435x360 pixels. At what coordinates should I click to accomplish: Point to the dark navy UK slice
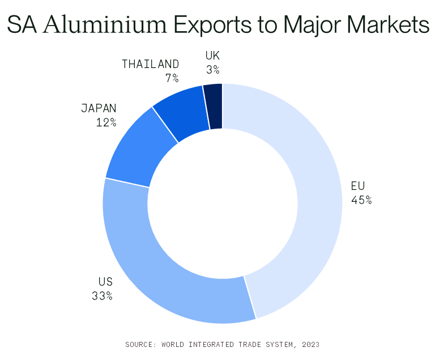(214, 106)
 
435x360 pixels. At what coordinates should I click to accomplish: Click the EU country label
(358, 186)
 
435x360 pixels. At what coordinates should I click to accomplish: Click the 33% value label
(102, 295)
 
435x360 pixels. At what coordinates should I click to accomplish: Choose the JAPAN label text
(99, 108)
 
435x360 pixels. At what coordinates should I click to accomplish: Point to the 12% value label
(106, 121)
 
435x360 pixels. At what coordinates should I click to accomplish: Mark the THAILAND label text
(150, 64)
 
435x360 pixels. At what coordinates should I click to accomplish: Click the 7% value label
(172, 78)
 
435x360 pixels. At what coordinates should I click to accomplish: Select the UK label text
(212, 56)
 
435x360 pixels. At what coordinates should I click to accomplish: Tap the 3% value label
(213, 69)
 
